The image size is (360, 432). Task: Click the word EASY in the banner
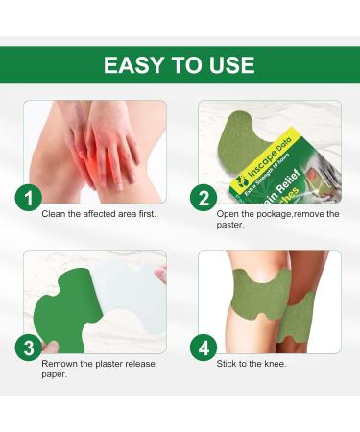point(132,64)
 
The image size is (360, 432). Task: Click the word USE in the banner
point(230,64)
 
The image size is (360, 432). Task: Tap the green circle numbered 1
point(29,199)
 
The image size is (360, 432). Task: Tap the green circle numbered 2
point(205,199)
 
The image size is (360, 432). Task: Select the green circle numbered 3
point(29,348)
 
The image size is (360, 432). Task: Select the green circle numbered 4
point(205,348)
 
